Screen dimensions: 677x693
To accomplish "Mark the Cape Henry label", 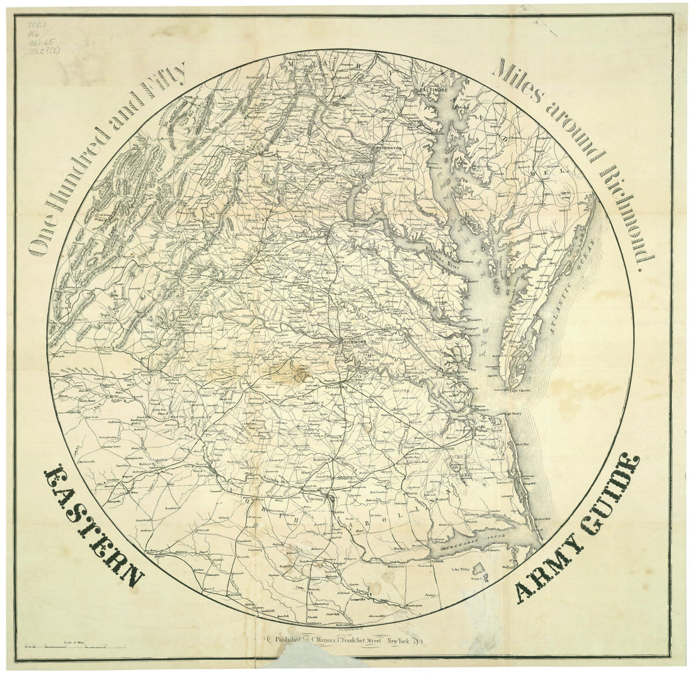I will [x=515, y=414].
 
